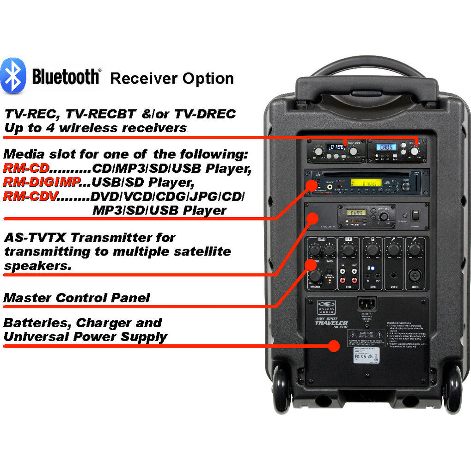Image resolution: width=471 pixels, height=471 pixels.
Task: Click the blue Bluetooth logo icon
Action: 13,76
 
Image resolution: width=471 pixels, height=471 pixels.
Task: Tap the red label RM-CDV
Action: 30,197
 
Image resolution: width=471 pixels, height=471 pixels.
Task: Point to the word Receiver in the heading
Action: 143,79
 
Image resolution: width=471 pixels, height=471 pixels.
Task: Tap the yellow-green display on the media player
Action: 366,183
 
